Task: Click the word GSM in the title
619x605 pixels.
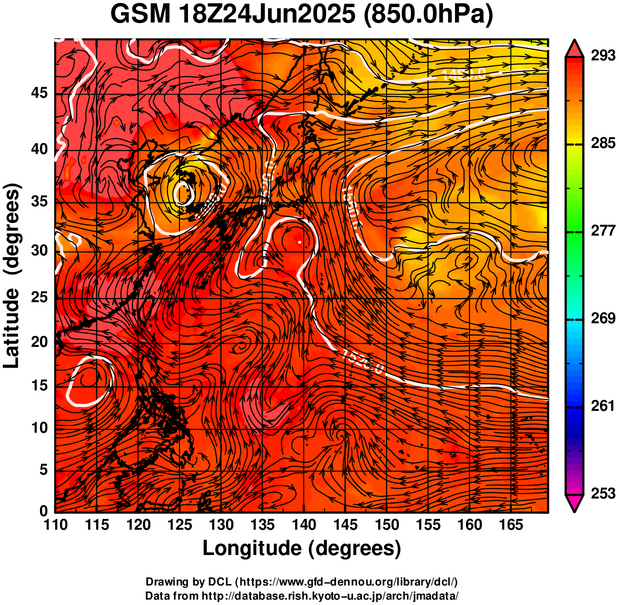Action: click(144, 17)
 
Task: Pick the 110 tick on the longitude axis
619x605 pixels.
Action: click(55, 524)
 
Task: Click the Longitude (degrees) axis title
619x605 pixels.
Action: click(302, 548)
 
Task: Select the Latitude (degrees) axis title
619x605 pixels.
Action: click(14, 275)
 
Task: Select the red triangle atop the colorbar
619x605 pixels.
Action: click(574, 46)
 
